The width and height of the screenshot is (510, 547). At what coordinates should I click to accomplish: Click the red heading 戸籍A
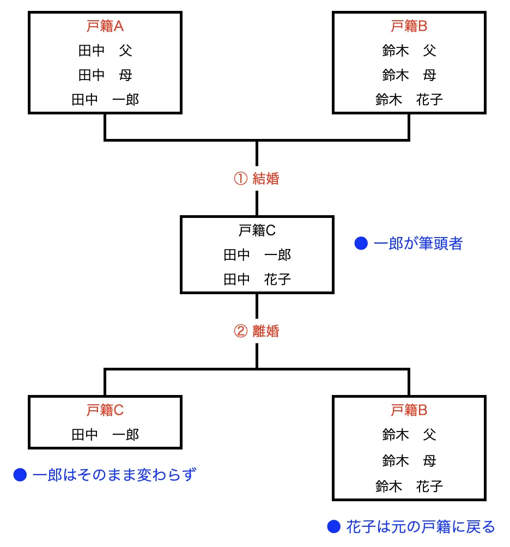[105, 26]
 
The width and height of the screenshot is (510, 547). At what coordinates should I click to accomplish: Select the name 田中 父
[105, 51]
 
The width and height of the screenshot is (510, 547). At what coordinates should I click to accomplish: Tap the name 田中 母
[105, 75]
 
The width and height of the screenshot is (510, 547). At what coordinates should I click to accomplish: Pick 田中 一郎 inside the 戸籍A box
[105, 100]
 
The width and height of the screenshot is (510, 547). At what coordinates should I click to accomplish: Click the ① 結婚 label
[257, 179]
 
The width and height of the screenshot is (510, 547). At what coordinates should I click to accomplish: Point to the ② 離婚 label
[257, 331]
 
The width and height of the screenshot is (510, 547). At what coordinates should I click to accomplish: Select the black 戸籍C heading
[257, 230]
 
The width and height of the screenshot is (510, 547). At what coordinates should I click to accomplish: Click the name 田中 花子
[257, 279]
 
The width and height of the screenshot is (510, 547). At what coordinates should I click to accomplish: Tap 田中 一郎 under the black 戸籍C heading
[257, 255]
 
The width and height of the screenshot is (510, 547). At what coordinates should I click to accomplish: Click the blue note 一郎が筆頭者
[418, 244]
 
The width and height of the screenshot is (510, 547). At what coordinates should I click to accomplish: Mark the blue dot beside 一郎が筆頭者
[361, 244]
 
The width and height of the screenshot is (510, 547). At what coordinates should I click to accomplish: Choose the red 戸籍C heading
[105, 410]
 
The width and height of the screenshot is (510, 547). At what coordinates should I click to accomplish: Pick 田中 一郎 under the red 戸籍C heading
[105, 434]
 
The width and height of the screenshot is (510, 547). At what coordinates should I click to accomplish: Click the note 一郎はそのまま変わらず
[114, 476]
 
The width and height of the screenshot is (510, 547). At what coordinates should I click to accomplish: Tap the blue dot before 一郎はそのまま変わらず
[20, 476]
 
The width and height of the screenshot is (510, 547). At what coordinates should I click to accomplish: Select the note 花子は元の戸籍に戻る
[420, 527]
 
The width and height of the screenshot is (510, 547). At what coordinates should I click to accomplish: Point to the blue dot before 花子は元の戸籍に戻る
[333, 527]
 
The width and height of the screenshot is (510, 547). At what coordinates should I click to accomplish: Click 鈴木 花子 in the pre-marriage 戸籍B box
[409, 100]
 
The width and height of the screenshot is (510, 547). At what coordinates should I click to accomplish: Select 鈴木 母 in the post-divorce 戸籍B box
[409, 461]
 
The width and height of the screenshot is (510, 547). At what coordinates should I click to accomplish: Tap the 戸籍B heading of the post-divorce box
[409, 410]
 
